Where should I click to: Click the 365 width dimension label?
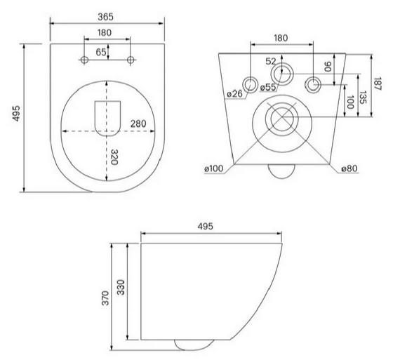[x=105, y=17]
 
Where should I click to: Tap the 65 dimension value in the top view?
[x=101, y=52]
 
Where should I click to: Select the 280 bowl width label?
[x=138, y=124]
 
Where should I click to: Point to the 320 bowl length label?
[x=114, y=157]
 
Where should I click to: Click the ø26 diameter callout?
[x=235, y=94]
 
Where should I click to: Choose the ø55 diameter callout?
[x=268, y=87]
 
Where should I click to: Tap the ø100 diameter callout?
[x=213, y=168]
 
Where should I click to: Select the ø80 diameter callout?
[x=349, y=168]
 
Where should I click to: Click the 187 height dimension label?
[x=378, y=84]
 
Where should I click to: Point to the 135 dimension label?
[x=363, y=98]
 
